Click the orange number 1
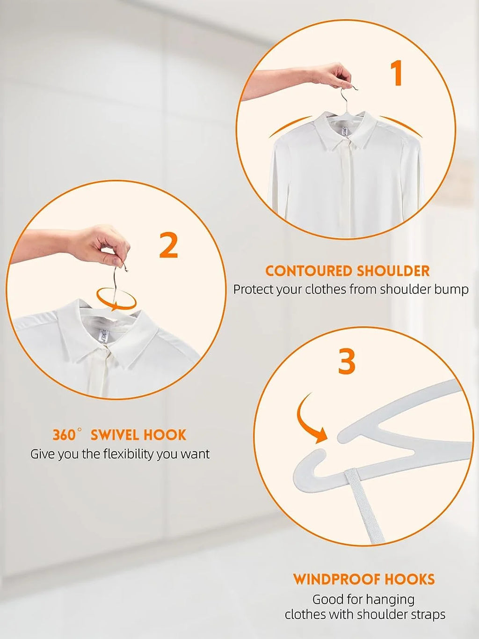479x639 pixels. (x=397, y=73)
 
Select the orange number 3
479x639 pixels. (x=347, y=361)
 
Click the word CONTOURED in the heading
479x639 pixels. (x=308, y=271)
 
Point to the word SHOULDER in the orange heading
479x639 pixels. (x=393, y=271)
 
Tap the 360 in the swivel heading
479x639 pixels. (x=64, y=435)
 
